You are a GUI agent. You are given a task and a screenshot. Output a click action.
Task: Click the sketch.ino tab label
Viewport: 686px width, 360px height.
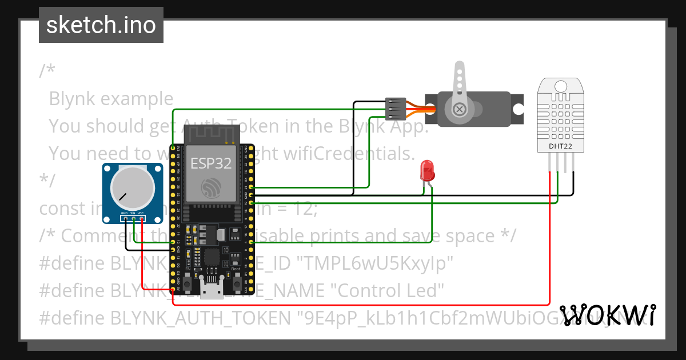[x=101, y=25]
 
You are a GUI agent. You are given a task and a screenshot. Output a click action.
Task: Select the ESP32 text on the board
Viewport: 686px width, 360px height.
[x=211, y=164]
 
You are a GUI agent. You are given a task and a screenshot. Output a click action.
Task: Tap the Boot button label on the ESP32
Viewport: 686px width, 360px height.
[x=236, y=269]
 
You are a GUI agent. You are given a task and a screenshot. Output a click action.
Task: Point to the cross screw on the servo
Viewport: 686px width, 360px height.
[x=458, y=109]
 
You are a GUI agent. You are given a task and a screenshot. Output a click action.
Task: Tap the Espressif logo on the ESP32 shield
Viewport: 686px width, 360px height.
[x=211, y=187]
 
